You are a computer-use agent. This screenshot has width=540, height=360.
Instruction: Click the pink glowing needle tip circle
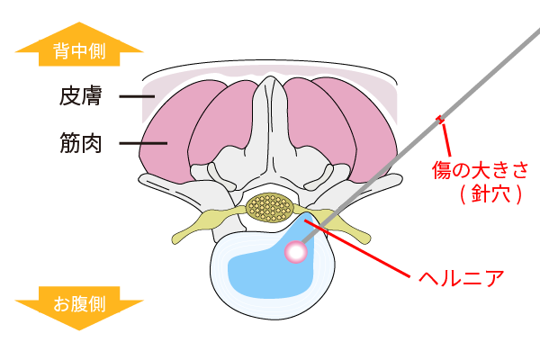click(295, 252)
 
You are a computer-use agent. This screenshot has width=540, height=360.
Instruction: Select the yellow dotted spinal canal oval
click(268, 208)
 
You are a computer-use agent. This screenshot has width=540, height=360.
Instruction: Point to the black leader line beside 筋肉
click(144, 141)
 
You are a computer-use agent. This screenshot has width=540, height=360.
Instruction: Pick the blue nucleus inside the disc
click(261, 270)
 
